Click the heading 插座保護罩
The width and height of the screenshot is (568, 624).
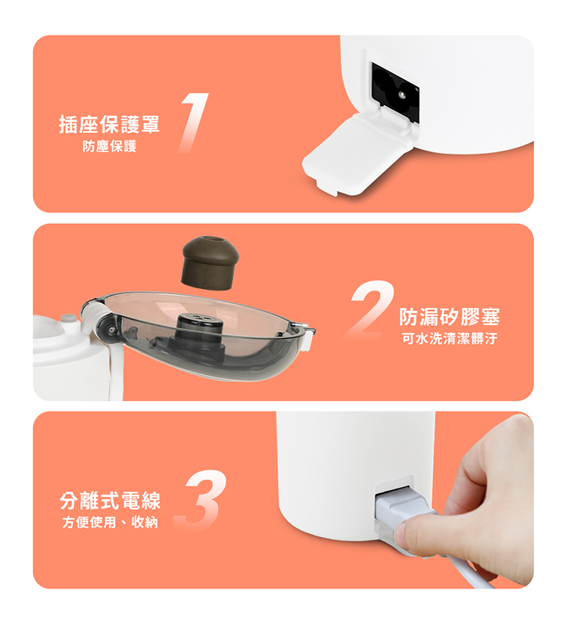tap(109, 125)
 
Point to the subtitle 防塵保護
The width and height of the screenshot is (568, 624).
tap(110, 147)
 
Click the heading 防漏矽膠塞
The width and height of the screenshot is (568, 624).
tap(450, 317)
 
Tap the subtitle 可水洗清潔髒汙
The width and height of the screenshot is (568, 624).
tap(450, 339)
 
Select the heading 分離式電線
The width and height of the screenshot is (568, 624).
tap(110, 501)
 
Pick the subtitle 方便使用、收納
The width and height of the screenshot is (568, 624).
tap(110, 522)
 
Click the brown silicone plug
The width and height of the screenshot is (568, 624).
tap(211, 262)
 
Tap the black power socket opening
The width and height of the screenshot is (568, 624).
tap(395, 92)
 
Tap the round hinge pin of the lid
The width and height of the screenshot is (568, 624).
tap(107, 328)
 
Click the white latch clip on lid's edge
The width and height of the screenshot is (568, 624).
tap(307, 337)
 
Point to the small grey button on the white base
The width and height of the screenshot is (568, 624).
tap(69, 318)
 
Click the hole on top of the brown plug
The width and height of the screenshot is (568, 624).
tap(211, 240)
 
